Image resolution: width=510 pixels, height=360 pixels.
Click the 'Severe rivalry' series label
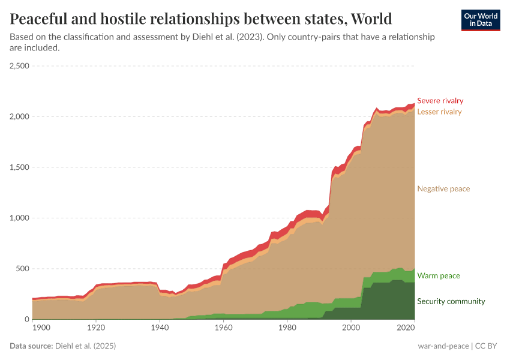coord(440,101)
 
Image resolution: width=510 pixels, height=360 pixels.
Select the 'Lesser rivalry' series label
coord(439,112)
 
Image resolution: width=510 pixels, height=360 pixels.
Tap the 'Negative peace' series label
coord(443,189)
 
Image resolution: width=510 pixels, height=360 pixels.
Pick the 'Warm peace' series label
coord(438,276)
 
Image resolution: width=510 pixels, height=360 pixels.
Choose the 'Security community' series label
coord(451,301)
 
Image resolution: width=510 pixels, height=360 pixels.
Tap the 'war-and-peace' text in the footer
coord(444,346)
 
